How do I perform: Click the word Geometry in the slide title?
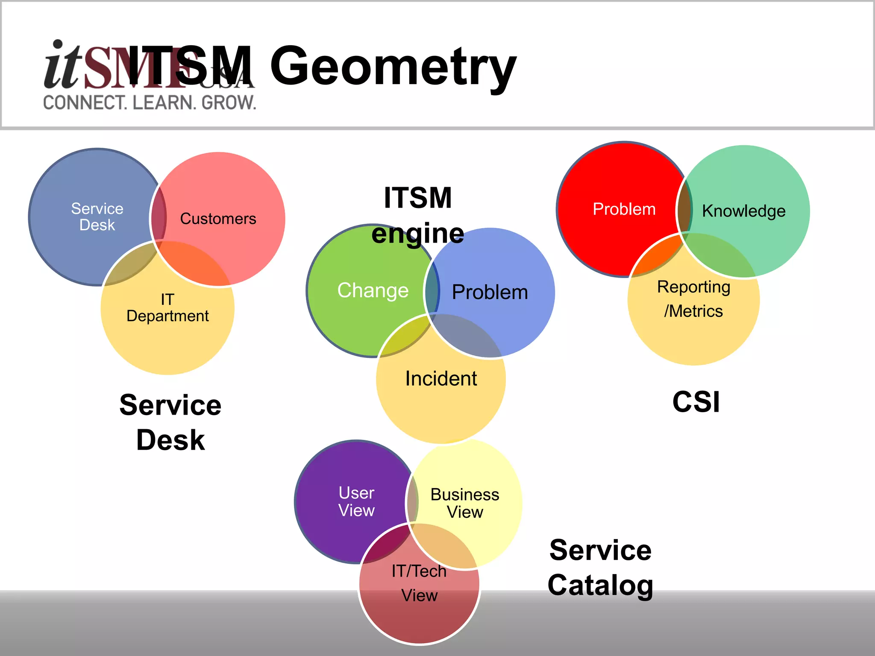pos(393,66)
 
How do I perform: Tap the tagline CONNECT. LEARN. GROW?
pos(150,103)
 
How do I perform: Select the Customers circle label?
pos(218,219)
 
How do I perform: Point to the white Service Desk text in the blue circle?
pos(97,217)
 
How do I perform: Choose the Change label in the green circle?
pos(373,290)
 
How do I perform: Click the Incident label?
pos(441,378)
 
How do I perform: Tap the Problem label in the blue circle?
pos(490,292)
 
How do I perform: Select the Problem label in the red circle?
pos(624,209)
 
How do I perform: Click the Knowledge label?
pos(743,211)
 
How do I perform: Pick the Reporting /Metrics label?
pos(693,299)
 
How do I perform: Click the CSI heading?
pos(696,402)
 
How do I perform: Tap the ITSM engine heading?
pos(417,215)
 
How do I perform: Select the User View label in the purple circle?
pos(356,501)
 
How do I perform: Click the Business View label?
pos(464,503)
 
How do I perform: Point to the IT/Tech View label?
pos(419,583)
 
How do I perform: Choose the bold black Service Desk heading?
pos(170,422)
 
